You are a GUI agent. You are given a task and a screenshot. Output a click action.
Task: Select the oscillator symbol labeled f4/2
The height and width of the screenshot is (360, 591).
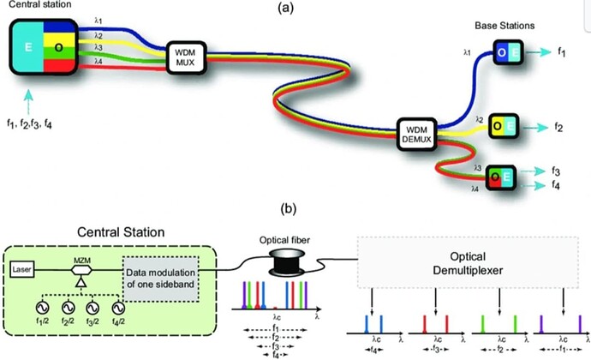click(119, 307)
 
